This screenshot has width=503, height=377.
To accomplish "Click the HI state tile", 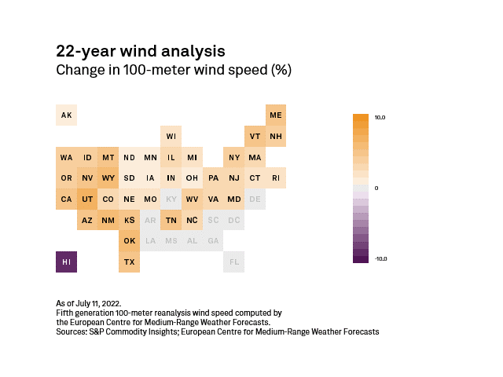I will (66, 262).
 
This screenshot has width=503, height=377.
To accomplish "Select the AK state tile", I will (66, 115).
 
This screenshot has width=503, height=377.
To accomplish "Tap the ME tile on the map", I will (275, 115).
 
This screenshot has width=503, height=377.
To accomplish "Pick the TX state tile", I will (129, 262).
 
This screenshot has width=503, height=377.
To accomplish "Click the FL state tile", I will (233, 262).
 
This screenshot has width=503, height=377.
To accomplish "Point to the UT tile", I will (87, 199).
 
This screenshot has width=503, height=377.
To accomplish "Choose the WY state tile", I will (108, 178).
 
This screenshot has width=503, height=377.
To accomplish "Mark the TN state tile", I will (171, 220).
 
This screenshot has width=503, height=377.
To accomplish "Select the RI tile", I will (275, 178).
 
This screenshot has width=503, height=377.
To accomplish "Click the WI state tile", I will (171, 136).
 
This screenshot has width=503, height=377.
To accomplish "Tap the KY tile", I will (171, 199).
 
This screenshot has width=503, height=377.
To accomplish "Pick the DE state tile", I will (255, 199).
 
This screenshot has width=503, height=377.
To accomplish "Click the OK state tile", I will (129, 240).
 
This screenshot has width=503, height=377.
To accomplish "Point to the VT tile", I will (255, 136).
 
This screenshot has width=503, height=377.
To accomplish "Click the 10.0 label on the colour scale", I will (380, 118).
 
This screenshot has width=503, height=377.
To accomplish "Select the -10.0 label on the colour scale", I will (380, 258).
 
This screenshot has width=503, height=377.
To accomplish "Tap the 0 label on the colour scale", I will (376, 188).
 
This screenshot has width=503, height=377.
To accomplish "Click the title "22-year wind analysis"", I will (141, 51).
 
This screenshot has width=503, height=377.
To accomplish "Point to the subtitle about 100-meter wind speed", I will (174, 71).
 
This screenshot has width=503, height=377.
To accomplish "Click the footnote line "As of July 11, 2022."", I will (90, 303).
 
